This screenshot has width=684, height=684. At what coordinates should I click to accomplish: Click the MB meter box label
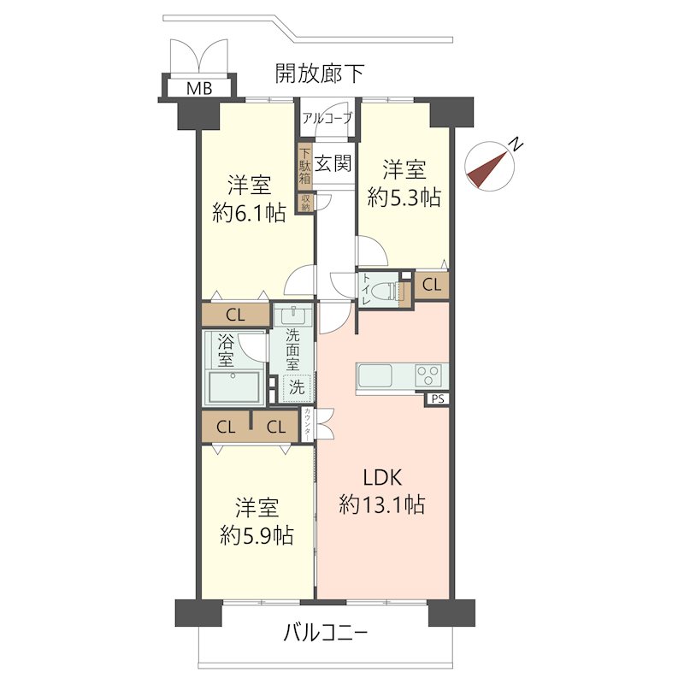(x=199, y=88)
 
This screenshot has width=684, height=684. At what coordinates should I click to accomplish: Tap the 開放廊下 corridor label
(x=320, y=74)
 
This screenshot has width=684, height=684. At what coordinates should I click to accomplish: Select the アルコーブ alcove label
(x=326, y=120)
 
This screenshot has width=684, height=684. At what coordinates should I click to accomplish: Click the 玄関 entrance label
(x=333, y=163)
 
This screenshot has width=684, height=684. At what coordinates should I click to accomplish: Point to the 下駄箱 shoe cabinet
(x=305, y=168)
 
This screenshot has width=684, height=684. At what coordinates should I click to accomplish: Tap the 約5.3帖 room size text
(x=404, y=198)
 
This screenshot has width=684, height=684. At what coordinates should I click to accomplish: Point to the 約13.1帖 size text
(x=381, y=504)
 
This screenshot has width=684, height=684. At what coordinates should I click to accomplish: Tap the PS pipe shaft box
(x=437, y=398)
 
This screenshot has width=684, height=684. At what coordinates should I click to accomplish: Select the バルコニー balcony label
(x=325, y=634)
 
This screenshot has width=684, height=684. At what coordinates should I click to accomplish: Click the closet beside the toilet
(x=433, y=285)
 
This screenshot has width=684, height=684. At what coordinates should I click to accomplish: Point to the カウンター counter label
(x=308, y=424)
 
